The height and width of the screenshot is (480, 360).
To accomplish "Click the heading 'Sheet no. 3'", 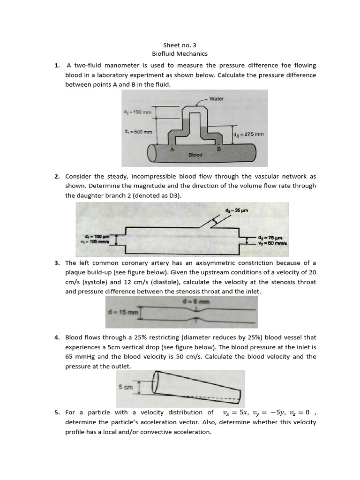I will tap(180, 45).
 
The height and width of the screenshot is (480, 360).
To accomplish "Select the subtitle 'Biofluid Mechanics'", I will tap(180, 54).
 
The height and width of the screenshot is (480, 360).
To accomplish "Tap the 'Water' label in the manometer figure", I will tap(216, 99).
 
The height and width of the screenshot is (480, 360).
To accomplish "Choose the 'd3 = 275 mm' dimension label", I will tap(248, 134).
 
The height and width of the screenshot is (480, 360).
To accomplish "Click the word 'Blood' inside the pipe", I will tap(195, 155).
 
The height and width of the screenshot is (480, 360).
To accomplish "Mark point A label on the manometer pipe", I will tap(172, 149).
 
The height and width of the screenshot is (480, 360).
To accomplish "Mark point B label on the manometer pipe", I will tap(218, 149).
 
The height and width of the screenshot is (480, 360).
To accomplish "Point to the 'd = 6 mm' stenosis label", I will tap(191, 302).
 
